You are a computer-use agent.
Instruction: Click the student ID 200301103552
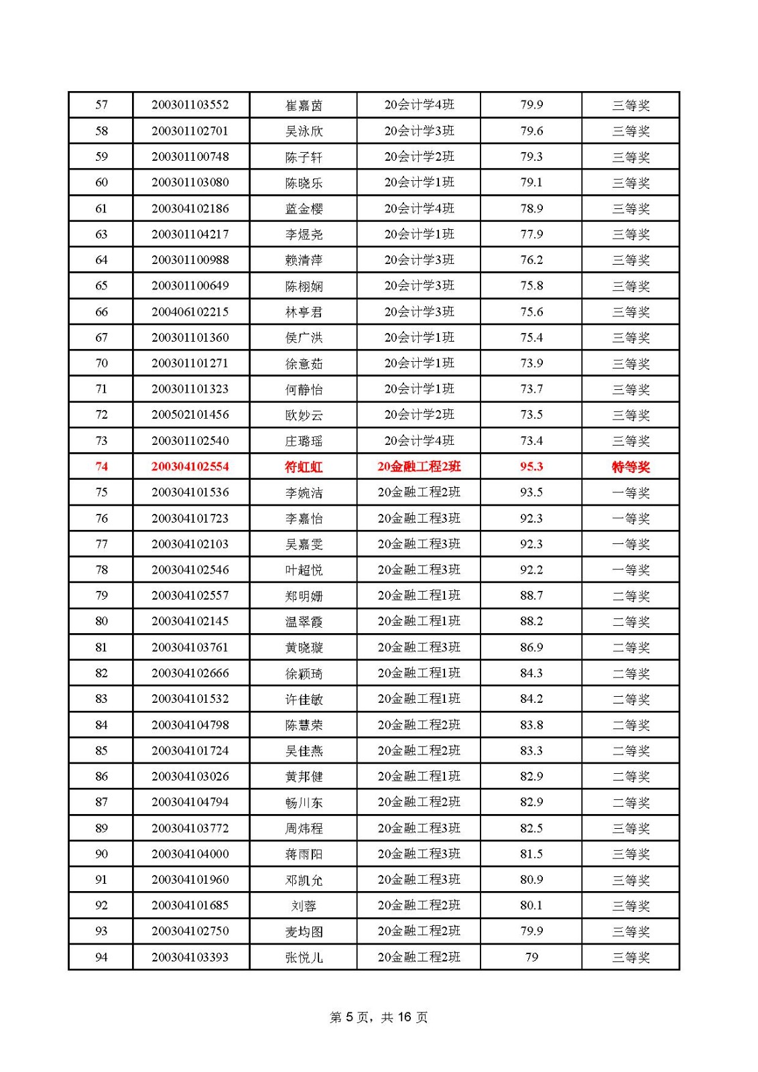click(190, 105)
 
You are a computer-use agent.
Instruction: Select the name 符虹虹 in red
click(304, 467)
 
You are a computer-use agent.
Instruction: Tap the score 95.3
click(531, 467)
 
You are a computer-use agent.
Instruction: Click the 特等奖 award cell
click(631, 467)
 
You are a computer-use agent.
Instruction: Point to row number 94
click(101, 957)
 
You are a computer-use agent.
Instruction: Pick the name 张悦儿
click(304, 957)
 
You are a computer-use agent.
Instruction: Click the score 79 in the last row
click(531, 957)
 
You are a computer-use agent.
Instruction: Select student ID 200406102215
click(190, 312)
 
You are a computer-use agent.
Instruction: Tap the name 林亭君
click(304, 312)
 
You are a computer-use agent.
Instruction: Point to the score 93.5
click(531, 492)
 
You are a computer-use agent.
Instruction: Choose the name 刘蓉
click(304, 906)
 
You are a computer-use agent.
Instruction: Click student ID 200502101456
click(190, 415)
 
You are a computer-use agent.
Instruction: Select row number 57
click(101, 105)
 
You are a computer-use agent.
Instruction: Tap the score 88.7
click(531, 596)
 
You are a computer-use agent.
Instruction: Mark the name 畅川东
click(304, 803)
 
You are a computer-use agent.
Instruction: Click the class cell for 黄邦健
click(419, 777)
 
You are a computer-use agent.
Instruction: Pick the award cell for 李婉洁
click(631, 492)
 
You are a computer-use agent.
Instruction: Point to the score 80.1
click(531, 906)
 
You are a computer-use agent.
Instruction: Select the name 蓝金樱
click(304, 209)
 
